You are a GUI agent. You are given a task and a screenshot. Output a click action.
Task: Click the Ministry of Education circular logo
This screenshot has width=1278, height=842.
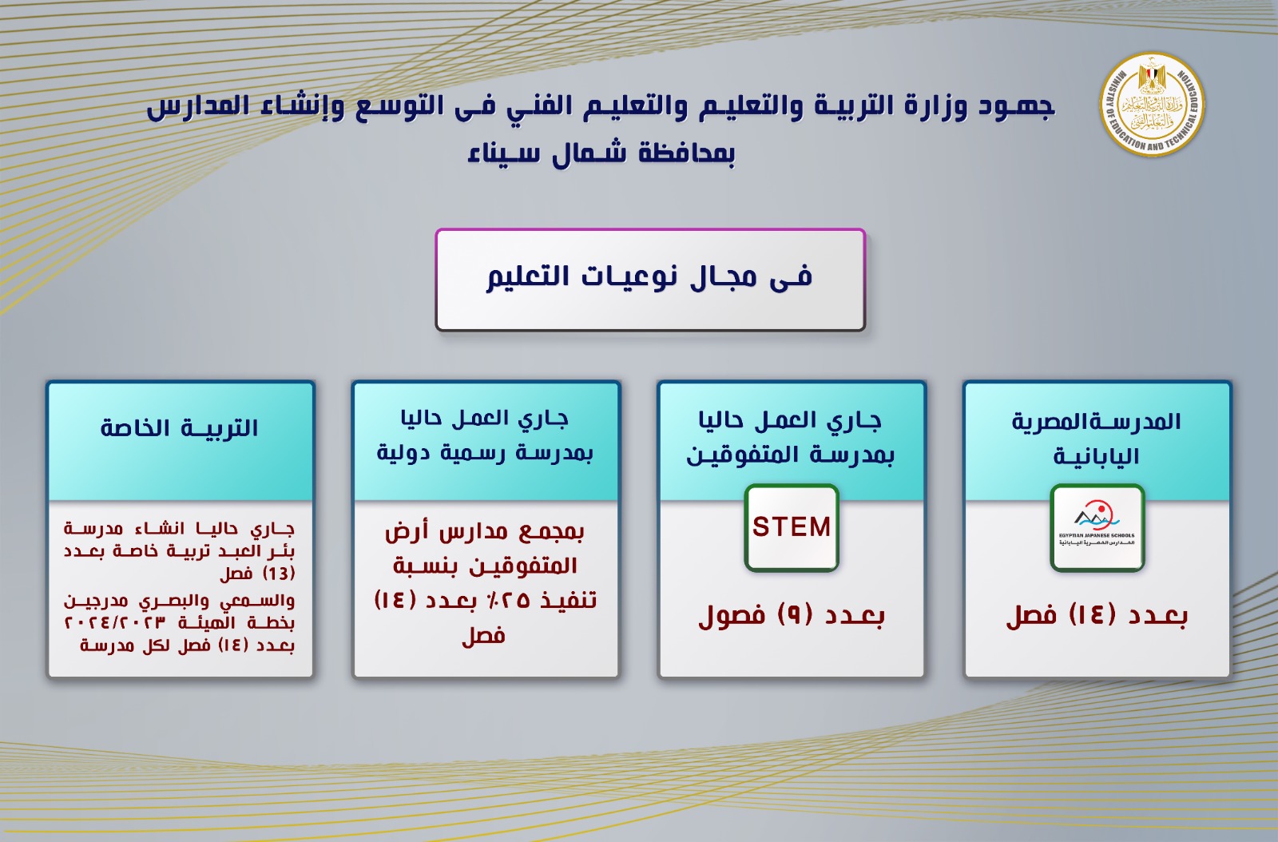tap(1152, 105)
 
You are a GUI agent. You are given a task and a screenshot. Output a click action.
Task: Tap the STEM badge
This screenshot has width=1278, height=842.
tap(792, 528)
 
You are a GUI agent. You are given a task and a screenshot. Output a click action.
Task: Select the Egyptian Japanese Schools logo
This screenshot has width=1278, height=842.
tap(1097, 528)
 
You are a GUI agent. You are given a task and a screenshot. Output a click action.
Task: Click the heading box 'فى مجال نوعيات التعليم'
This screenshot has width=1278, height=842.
tap(650, 280)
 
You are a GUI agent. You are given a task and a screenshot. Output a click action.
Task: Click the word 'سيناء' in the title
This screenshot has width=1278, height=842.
tap(503, 153)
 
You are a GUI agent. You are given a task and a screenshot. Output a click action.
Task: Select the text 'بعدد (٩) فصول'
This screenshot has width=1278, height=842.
tap(792, 615)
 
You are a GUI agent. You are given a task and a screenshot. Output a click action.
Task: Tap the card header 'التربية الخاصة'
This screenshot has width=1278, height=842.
tap(179, 428)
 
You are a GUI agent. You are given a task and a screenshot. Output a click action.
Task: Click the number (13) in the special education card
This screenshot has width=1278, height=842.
tap(279, 574)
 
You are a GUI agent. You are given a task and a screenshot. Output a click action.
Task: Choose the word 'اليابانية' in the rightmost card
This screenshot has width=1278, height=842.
tap(1096, 456)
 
